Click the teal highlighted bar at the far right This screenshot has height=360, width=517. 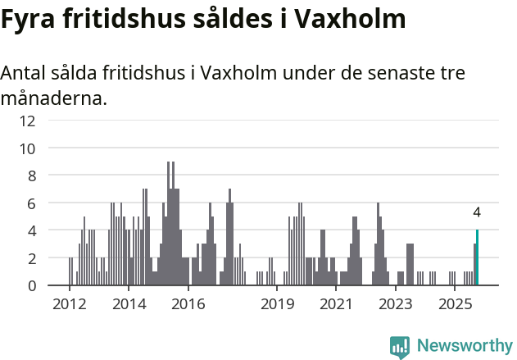click(477, 257)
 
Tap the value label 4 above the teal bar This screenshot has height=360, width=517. click(477, 212)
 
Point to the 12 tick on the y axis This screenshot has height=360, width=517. click(28, 121)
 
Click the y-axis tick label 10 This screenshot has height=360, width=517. click(28, 148)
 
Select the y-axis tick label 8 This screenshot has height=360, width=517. click(31, 175)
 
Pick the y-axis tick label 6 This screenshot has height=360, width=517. click(31, 203)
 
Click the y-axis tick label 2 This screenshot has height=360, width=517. click(31, 258)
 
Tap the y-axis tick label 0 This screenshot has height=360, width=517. click(31, 285)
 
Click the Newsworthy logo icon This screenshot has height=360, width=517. click(400, 346)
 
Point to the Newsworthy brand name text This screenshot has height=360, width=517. click(465, 346)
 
